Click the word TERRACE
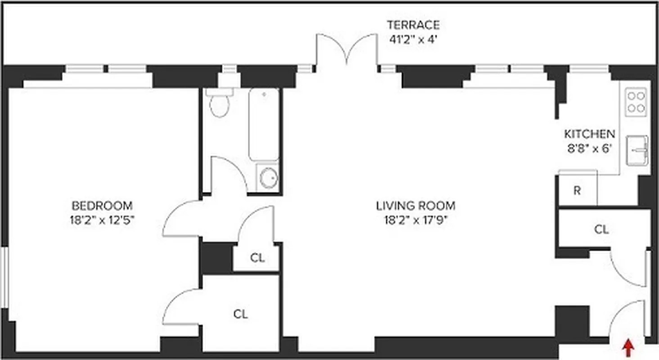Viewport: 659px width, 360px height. tap(413, 25)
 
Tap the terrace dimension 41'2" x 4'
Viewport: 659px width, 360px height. tap(413, 39)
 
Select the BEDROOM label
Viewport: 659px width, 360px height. tap(102, 206)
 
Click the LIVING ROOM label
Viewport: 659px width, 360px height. tap(415, 206)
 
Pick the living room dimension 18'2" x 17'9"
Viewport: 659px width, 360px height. tap(415, 220)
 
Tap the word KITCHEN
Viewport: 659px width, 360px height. tap(589, 134)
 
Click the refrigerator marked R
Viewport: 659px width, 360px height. tap(577, 190)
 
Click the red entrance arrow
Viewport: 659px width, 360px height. tap(629, 347)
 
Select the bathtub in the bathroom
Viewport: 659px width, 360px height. tap(264, 124)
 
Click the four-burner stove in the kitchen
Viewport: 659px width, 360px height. tap(636, 102)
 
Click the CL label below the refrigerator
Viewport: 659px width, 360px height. tap(601, 229)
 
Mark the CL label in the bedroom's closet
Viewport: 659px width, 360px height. tap(240, 314)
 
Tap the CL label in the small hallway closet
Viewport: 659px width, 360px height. tap(257, 258)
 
